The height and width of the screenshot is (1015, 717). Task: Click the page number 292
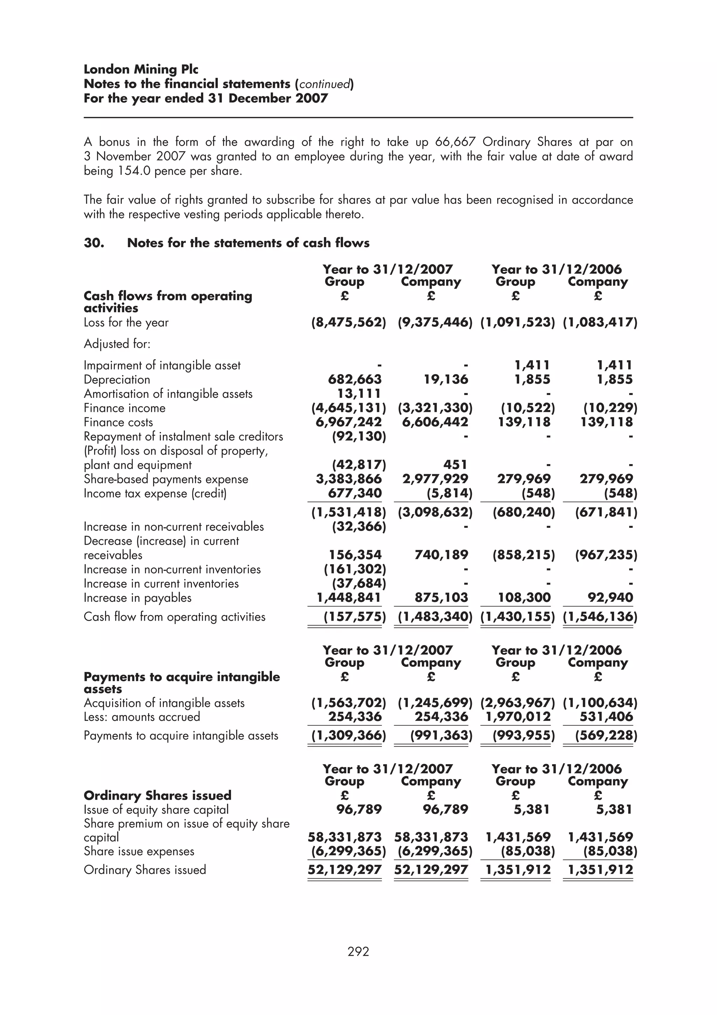358,951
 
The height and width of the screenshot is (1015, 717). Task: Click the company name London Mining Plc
141,69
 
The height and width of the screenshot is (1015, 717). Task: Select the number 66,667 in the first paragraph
455,142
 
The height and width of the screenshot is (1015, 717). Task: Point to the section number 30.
94,243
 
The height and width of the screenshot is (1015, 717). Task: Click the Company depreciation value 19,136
446,379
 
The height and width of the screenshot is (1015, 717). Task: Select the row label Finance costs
118,422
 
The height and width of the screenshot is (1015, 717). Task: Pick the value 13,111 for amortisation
359,393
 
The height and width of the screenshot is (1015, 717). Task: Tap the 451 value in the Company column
455,465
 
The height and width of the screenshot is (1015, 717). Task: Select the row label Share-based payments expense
166,479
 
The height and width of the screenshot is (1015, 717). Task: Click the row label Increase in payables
137,598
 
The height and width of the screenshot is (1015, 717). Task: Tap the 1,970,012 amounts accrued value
518,717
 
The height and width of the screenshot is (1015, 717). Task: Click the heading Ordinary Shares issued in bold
157,795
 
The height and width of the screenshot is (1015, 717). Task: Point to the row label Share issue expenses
139,851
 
